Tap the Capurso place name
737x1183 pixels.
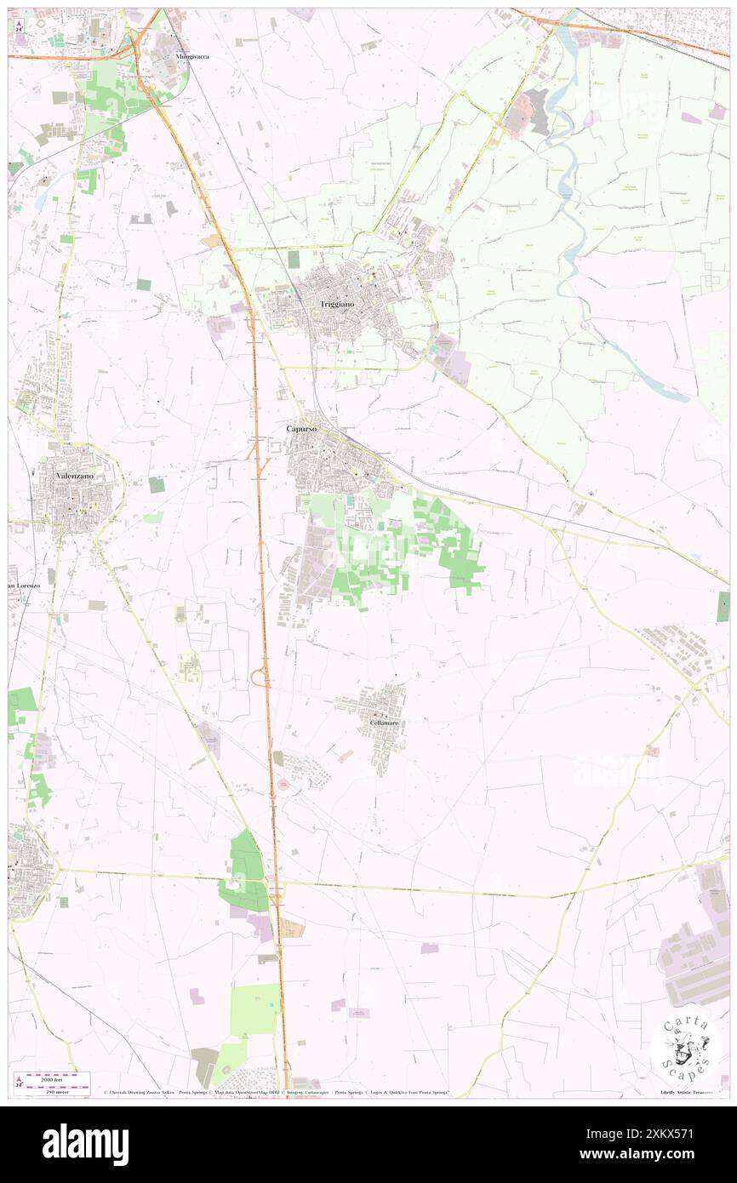click(x=301, y=429)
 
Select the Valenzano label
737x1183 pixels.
click(x=75, y=476)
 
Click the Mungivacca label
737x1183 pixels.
click(x=192, y=56)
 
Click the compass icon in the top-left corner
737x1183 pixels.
click(x=20, y=26)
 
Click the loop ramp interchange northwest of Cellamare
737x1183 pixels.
click(x=260, y=677)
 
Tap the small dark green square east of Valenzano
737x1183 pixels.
click(x=156, y=484)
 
